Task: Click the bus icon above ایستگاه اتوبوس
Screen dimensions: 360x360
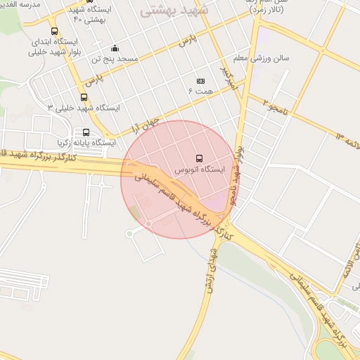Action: tap(199, 158)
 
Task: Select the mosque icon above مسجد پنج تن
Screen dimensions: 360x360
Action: tap(115, 49)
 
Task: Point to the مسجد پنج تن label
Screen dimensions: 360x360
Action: tap(115, 60)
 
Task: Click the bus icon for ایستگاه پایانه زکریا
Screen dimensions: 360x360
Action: tap(86, 131)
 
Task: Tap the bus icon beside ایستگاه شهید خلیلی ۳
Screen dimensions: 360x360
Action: tap(84, 97)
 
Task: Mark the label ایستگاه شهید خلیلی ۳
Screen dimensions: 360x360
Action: tap(84, 108)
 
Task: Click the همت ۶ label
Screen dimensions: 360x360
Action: tap(200, 91)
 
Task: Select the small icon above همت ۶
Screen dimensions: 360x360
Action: tap(200, 81)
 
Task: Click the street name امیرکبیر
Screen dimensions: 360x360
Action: tap(224, 79)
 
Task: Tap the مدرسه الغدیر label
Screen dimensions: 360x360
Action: tap(21, 4)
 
